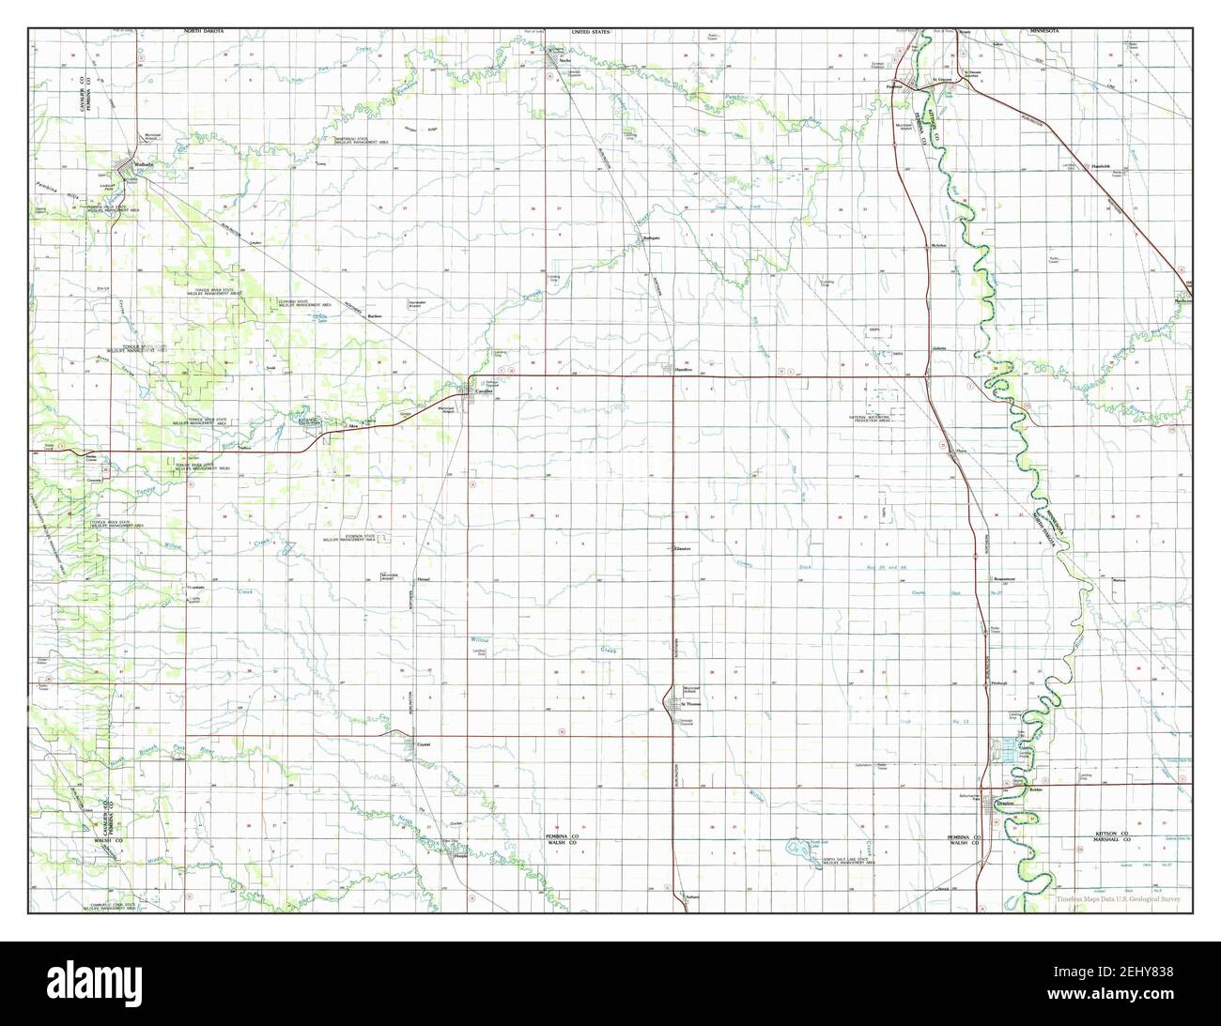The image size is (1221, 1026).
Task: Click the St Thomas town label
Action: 690,703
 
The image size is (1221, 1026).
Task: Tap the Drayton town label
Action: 1008,804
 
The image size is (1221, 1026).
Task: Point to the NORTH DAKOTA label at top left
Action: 203,32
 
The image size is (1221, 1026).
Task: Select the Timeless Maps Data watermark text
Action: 1118,898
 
